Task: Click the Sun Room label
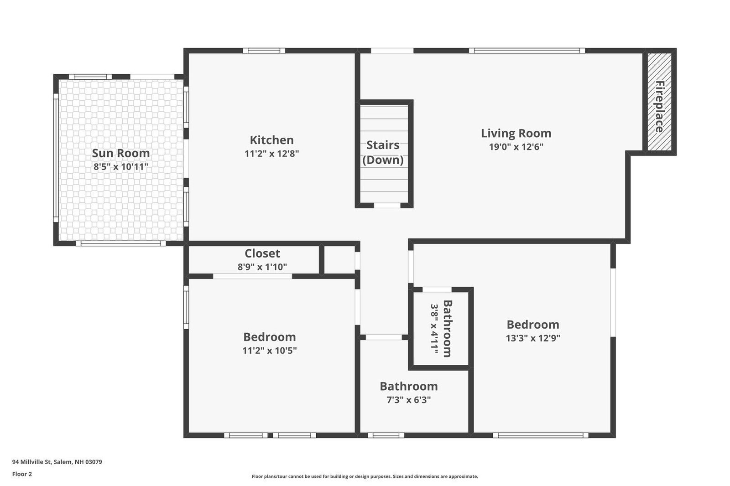click(120, 153)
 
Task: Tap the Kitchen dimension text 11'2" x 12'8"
click(272, 154)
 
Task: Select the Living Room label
click(516, 133)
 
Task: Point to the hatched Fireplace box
click(659, 102)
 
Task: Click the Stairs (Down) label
click(383, 152)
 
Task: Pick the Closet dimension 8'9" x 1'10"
click(262, 267)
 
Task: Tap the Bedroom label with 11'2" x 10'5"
click(270, 337)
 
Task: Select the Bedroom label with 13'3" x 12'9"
click(533, 325)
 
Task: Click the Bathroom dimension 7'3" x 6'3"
click(409, 400)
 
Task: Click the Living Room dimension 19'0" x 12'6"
click(516, 147)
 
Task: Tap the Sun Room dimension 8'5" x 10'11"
click(120, 167)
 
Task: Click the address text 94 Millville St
click(32, 462)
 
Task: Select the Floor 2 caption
click(22, 474)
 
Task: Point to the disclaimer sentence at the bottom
click(365, 476)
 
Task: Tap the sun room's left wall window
click(56, 158)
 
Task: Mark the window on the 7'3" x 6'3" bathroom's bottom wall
click(386, 435)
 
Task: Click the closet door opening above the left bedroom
click(253, 276)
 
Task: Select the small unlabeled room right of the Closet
click(339, 259)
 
